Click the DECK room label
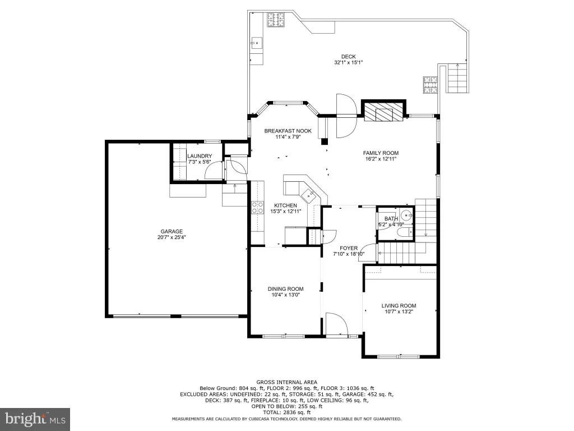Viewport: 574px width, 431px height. [348, 57]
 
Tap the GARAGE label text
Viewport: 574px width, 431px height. [172, 231]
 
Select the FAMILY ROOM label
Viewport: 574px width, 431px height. [381, 153]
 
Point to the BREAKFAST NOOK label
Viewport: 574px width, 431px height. [288, 131]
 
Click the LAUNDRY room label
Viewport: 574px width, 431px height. [200, 156]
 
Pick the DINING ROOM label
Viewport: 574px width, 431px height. [285, 289]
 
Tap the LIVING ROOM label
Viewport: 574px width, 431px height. [399, 306]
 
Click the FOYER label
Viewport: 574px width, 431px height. [349, 248]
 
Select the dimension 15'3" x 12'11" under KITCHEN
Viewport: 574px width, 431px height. [285, 211]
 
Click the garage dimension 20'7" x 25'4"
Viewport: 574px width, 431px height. [172, 237]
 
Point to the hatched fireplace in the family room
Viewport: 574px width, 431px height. [383, 111]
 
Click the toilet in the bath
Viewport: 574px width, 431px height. [405, 232]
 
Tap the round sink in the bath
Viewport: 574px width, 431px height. [406, 214]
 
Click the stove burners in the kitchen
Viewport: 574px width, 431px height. [258, 208]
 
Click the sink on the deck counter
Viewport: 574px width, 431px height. [257, 43]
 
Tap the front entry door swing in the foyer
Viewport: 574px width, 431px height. [336, 324]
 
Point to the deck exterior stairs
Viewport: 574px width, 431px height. [457, 78]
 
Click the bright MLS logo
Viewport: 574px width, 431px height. [35, 419]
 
